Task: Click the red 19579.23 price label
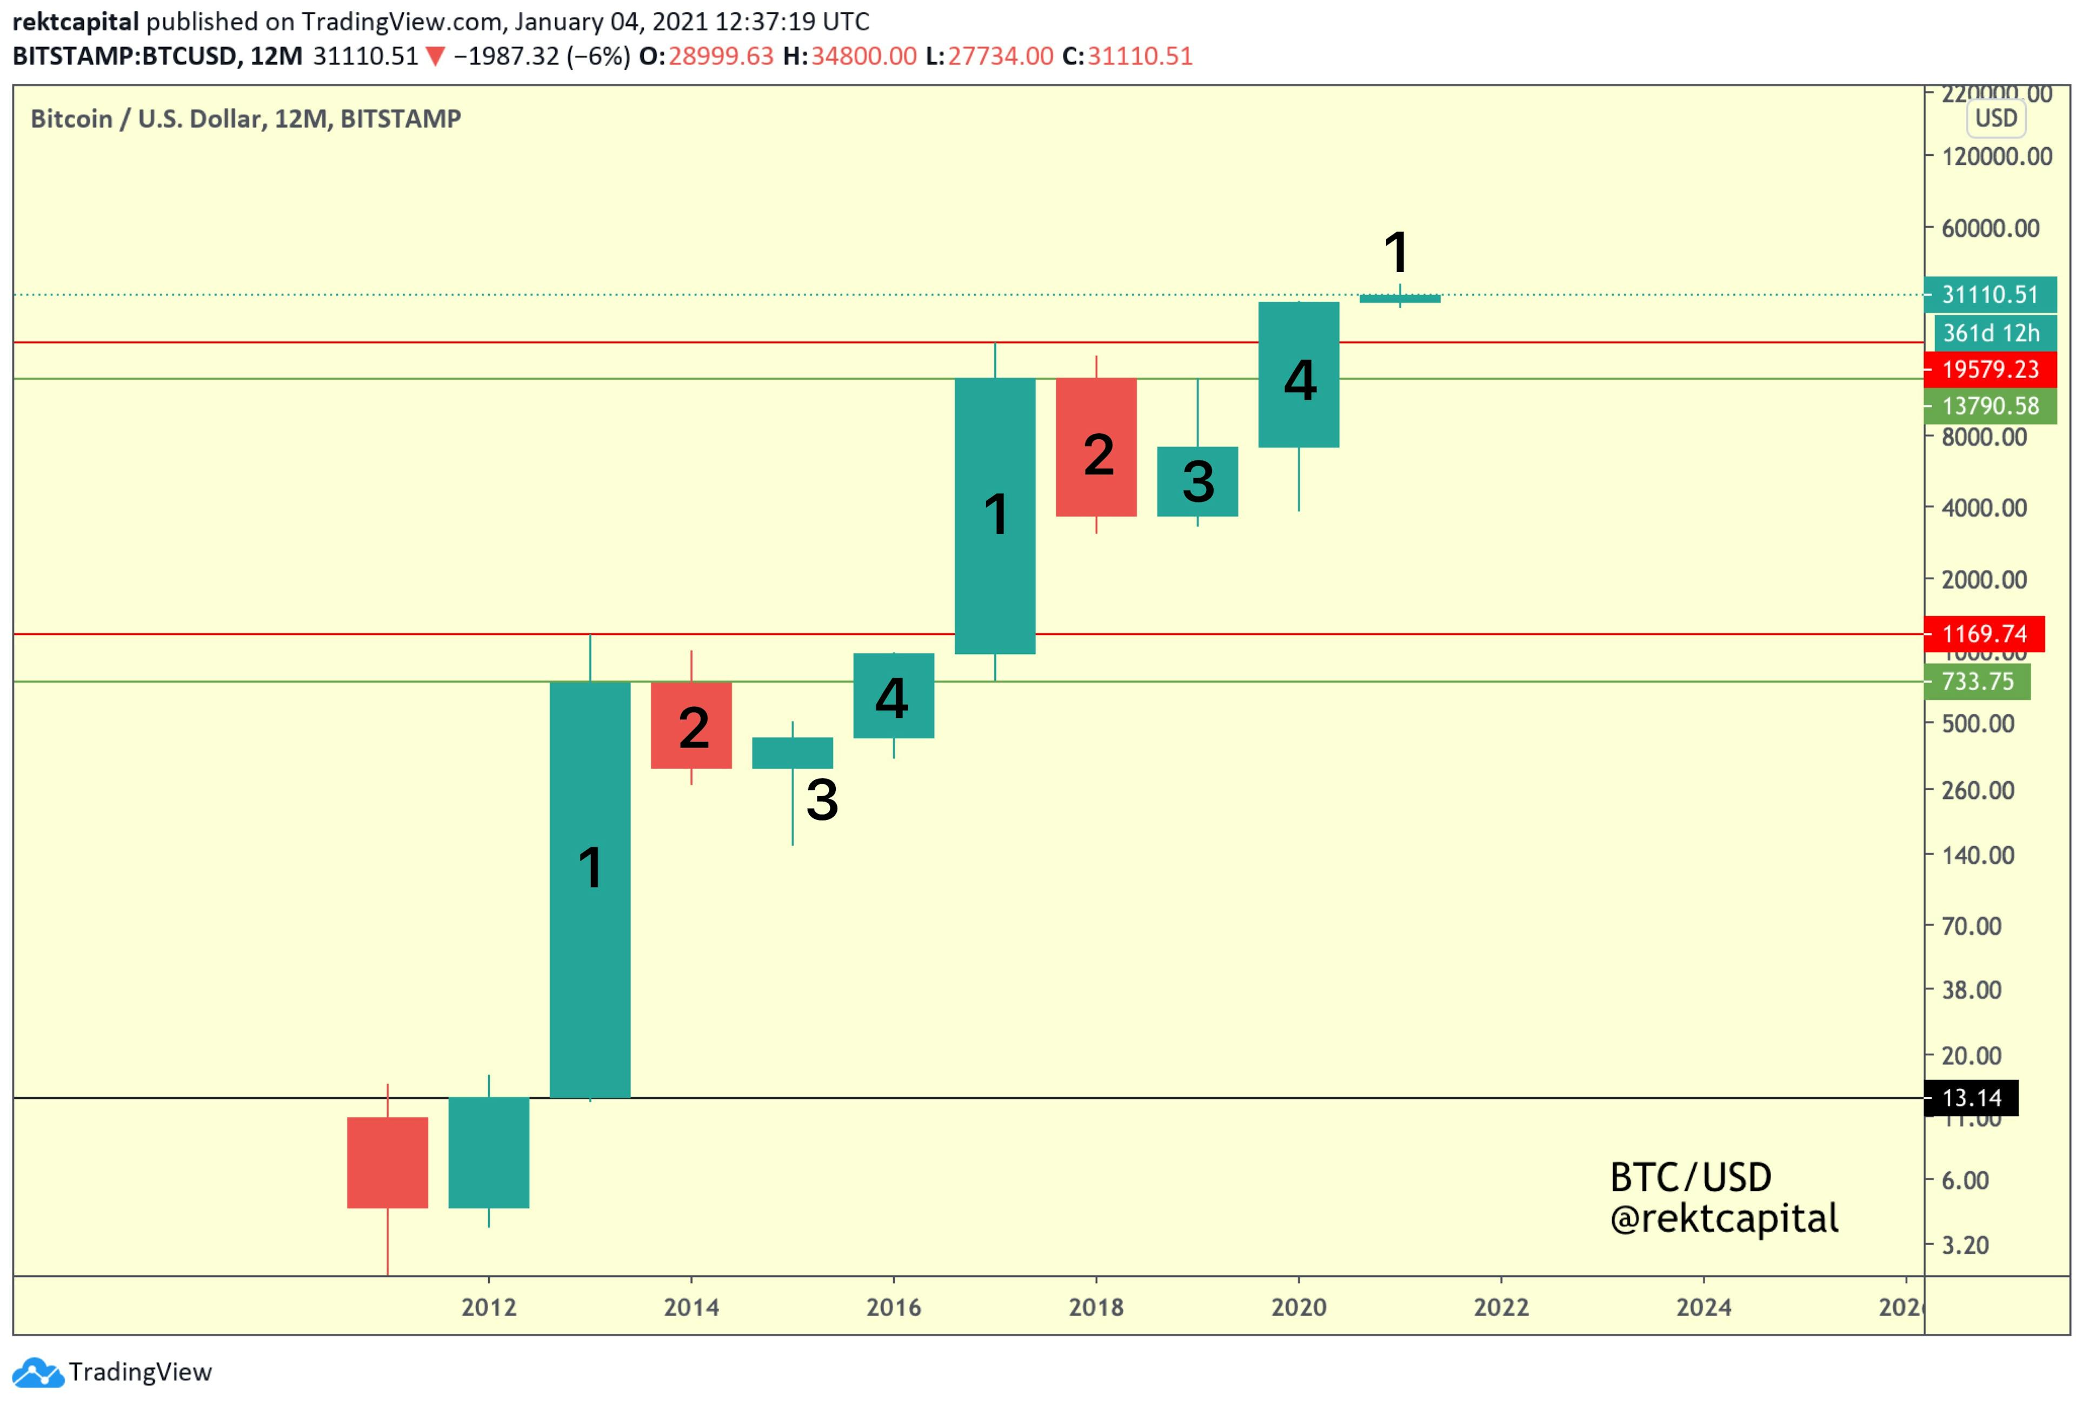point(1989,369)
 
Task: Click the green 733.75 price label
point(1977,682)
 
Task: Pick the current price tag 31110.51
point(1989,295)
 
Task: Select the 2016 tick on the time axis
point(893,1307)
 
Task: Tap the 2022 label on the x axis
point(1501,1307)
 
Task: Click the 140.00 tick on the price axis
point(1978,855)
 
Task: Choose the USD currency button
point(1995,118)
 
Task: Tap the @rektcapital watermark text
point(1724,1219)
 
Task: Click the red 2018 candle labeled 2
point(1096,447)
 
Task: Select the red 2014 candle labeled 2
point(691,725)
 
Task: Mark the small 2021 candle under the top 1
point(1400,299)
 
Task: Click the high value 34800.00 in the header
point(863,56)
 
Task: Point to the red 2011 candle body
point(388,1162)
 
